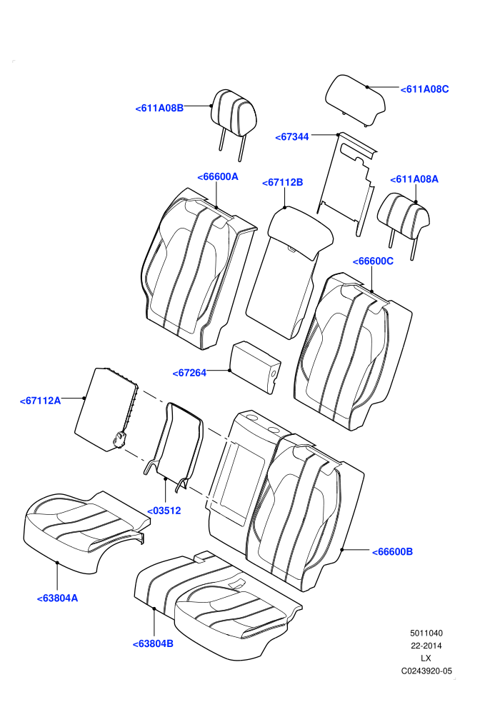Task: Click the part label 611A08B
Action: click(x=159, y=109)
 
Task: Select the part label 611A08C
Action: click(x=425, y=89)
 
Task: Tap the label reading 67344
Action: click(x=292, y=136)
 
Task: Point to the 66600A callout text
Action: click(x=218, y=177)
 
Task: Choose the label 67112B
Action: click(x=283, y=183)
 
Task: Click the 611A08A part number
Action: click(x=414, y=179)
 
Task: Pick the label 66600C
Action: click(x=373, y=261)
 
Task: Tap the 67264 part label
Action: click(x=189, y=373)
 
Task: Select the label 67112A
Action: click(x=40, y=401)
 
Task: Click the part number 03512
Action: click(x=164, y=511)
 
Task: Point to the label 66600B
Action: click(x=392, y=552)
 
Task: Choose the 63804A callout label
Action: click(x=57, y=598)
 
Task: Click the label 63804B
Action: click(x=153, y=644)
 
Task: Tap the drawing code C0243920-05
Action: click(x=426, y=671)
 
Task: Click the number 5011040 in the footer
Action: click(x=426, y=633)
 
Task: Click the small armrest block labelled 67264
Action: click(x=255, y=367)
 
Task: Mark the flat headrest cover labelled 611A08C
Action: click(x=355, y=99)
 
